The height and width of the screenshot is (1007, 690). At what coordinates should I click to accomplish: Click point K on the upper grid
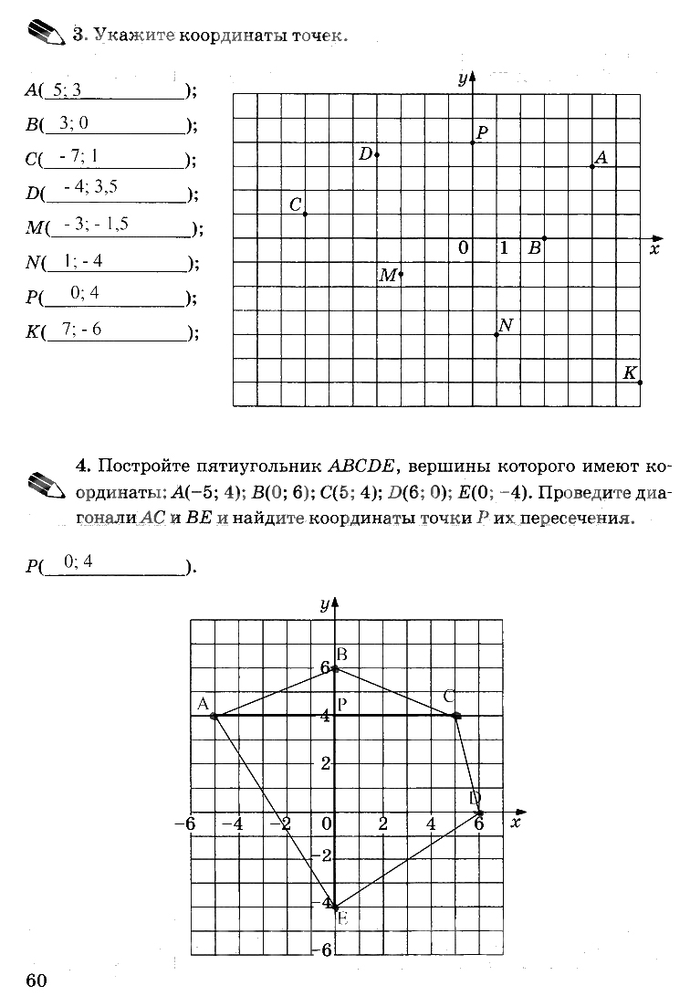pyautogui.click(x=640, y=383)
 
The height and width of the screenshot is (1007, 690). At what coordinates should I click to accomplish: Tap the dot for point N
pyautogui.click(x=497, y=335)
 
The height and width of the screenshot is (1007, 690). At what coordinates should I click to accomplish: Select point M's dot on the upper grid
pyautogui.click(x=401, y=274)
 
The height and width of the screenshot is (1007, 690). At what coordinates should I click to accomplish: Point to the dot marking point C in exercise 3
pyautogui.click(x=305, y=215)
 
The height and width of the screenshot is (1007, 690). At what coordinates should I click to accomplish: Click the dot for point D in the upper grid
pyautogui.click(x=377, y=155)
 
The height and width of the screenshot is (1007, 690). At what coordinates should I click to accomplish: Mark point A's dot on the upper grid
pyautogui.click(x=592, y=166)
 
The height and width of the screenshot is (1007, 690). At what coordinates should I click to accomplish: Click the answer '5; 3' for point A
pyautogui.click(x=68, y=89)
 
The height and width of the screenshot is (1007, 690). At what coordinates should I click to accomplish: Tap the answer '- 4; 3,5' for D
pyautogui.click(x=91, y=188)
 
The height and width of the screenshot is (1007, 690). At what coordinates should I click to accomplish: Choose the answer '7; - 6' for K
pyautogui.click(x=81, y=329)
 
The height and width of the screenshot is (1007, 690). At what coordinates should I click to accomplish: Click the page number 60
pyautogui.click(x=37, y=980)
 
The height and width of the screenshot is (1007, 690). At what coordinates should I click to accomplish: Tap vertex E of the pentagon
pyautogui.click(x=336, y=907)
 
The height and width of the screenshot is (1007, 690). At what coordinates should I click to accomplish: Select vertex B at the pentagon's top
pyautogui.click(x=336, y=668)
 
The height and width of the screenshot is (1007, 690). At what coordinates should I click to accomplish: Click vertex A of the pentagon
pyautogui.click(x=214, y=716)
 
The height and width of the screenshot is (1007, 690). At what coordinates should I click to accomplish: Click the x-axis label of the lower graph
pyautogui.click(x=516, y=823)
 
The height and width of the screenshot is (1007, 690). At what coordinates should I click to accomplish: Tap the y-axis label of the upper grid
pyautogui.click(x=463, y=79)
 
